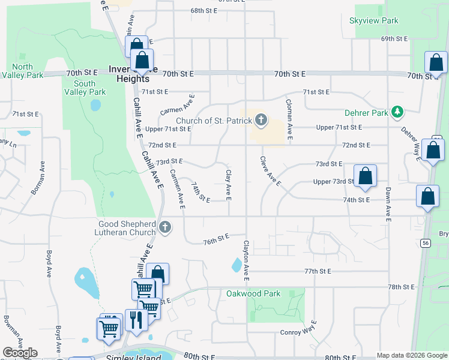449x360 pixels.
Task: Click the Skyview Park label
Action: coord(373,20)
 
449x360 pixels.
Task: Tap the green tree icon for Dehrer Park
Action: coord(396,112)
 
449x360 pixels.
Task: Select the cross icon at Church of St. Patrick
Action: coord(261,121)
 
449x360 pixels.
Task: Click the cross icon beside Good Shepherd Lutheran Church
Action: coord(166,228)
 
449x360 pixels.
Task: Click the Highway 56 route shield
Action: coord(426,242)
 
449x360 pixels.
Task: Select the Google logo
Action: coord(19,353)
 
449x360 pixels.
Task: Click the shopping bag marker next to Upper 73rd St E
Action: coord(365,177)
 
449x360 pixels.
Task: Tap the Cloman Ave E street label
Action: coord(289,120)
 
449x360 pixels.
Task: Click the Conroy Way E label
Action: coord(298,331)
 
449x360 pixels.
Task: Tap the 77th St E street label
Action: coord(318,271)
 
